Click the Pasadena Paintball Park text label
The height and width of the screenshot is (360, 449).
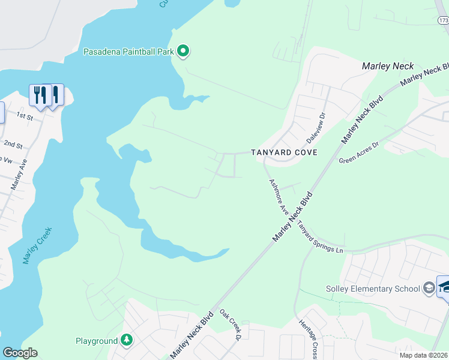pos(128,52)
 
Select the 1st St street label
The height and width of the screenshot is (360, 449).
pos(24,115)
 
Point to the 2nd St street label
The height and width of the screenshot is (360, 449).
pos(13,145)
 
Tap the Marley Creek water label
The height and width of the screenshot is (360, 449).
pos(38,245)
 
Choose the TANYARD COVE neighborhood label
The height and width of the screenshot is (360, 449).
pos(284,152)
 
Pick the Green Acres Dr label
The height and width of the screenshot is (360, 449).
pos(359,152)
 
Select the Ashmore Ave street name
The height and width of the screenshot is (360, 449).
pos(279,199)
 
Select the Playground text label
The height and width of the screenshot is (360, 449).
pos(97,341)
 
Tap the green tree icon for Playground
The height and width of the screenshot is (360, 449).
pos(127,341)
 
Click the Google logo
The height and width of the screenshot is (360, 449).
pos(20,353)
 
